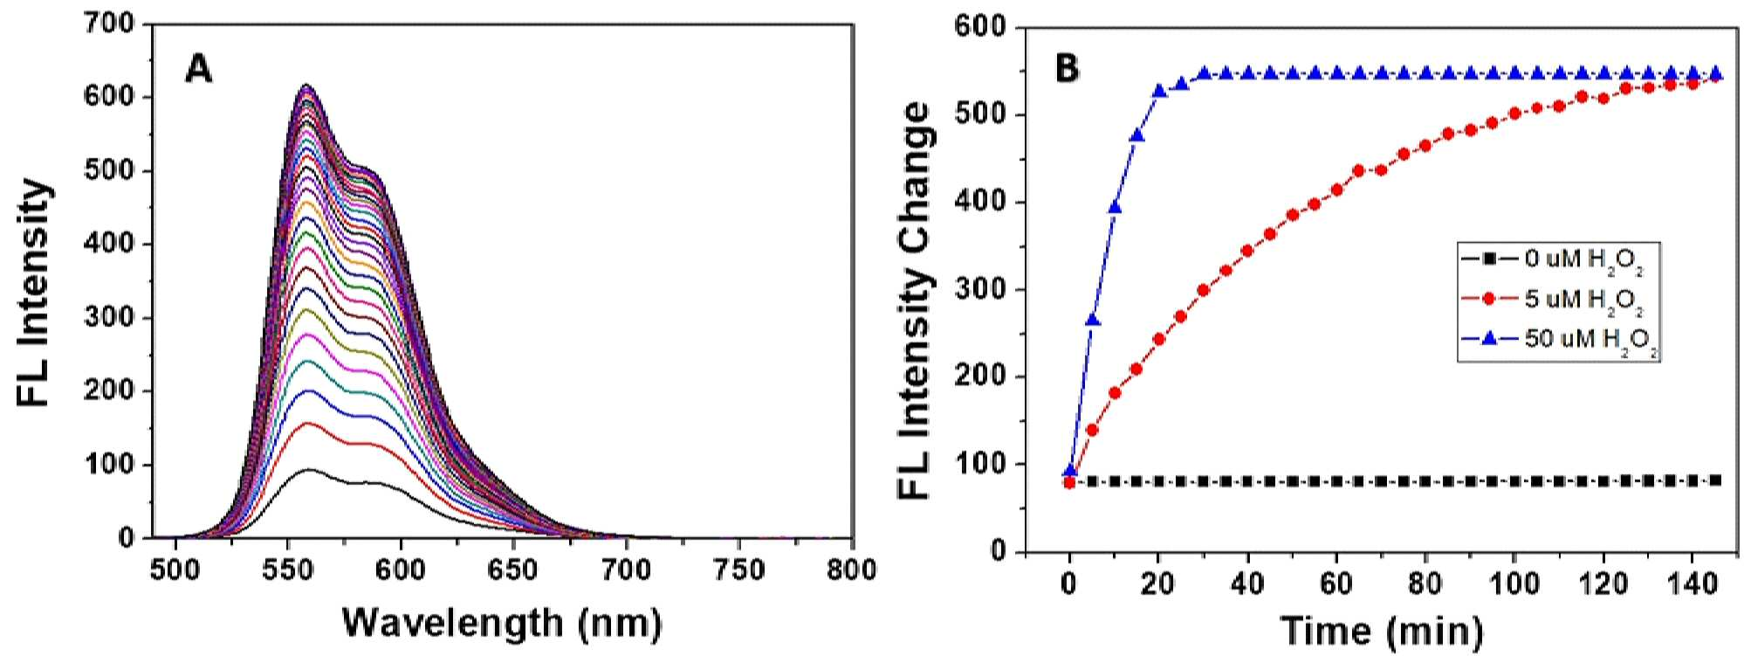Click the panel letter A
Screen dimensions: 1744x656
[199, 67]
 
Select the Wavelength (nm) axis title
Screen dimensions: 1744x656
[502, 623]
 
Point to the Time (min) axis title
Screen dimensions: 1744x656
[1382, 630]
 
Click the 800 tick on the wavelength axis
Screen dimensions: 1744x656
[851, 570]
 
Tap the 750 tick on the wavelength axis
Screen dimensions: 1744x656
[738, 570]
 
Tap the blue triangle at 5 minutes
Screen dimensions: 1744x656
[1092, 320]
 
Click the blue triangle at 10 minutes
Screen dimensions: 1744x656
[1115, 207]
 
